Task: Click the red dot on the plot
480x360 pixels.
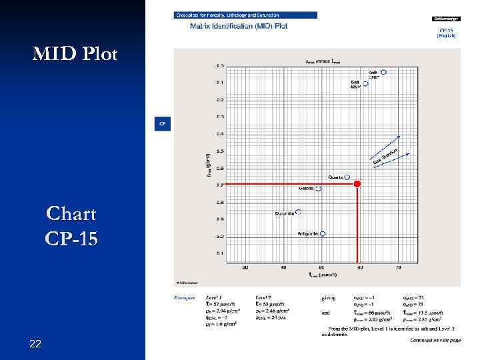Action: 357,183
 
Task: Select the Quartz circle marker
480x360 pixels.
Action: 347,177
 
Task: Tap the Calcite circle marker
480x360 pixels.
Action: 319,189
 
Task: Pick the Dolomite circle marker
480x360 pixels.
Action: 298,212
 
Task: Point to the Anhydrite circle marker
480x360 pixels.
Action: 323,234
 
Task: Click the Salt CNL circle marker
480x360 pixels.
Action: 383,71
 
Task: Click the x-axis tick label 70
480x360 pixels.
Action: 399,268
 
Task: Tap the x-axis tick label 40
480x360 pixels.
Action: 283,268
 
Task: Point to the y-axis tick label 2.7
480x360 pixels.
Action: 220,185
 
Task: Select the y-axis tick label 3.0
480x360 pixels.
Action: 220,236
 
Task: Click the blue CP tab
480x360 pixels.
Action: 161,123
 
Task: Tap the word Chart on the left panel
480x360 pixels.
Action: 71,215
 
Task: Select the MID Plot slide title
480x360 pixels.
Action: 75,54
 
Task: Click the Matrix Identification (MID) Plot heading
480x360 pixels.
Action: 229,27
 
